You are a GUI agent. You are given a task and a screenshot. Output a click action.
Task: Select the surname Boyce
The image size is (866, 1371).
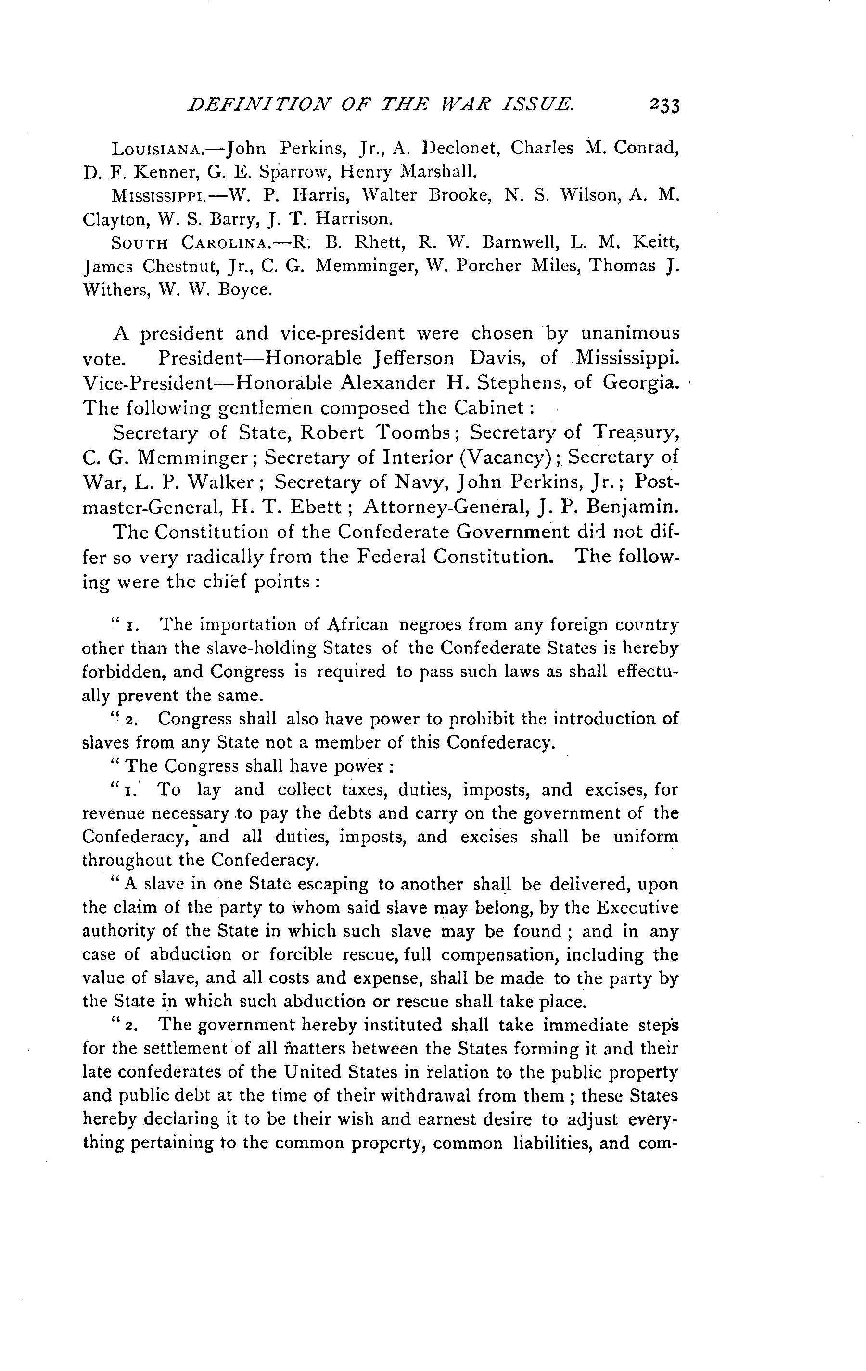click(x=246, y=290)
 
